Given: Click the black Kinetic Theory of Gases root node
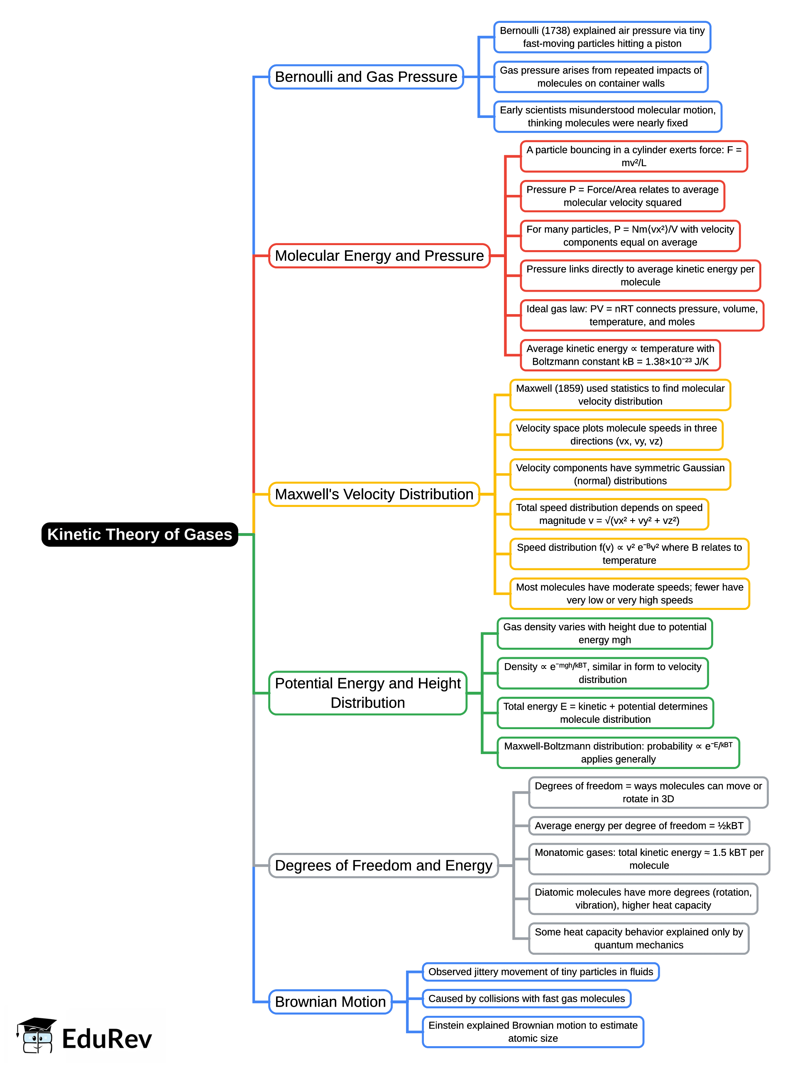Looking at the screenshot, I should tap(139, 534).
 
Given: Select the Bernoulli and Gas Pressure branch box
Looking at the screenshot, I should tap(366, 77).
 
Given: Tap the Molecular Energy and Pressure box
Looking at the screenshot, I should tap(379, 256).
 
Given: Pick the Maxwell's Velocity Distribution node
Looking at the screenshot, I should tap(374, 494).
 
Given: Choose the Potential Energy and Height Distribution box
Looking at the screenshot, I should tap(367, 693).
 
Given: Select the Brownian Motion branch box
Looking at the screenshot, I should tap(330, 1001).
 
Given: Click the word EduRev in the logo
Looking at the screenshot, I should tap(107, 1039).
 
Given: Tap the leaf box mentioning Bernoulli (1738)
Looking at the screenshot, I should tap(602, 37).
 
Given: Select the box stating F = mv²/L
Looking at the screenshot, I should tap(633, 156).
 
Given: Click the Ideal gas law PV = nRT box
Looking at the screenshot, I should tap(641, 315).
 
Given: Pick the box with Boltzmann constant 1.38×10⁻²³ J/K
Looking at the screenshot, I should tap(620, 355).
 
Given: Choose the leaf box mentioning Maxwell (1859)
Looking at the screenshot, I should tap(620, 395).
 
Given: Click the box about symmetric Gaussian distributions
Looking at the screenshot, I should tap(620, 474).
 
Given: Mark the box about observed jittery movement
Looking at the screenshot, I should tap(541, 972).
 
